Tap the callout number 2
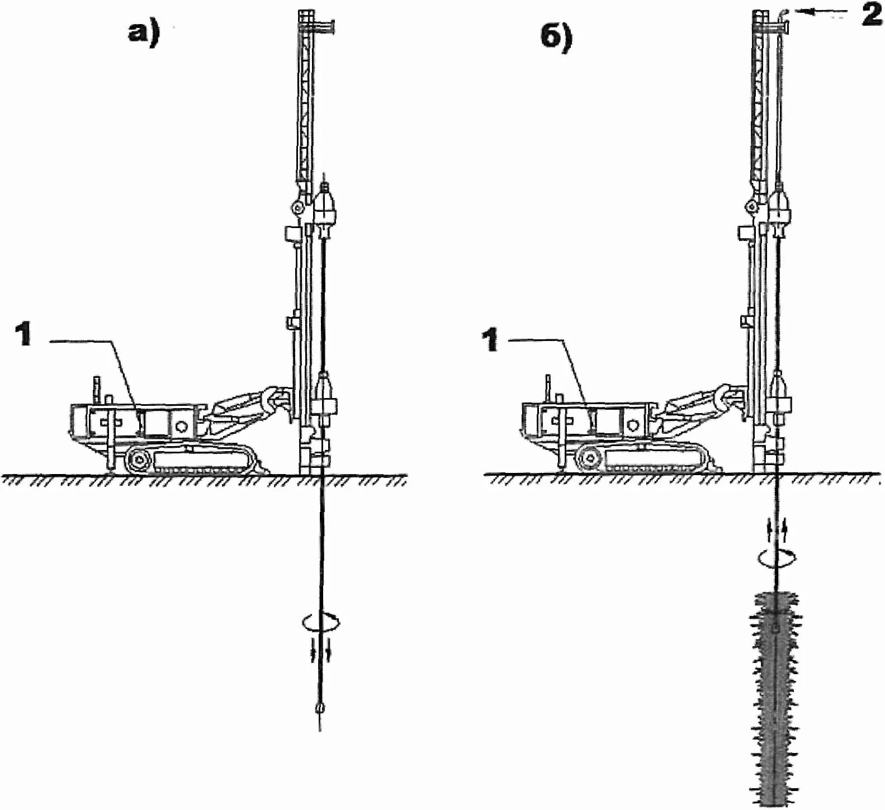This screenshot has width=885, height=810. (x=871, y=16)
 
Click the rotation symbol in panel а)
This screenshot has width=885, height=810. (x=320, y=620)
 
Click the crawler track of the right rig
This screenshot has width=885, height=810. (x=649, y=460)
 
